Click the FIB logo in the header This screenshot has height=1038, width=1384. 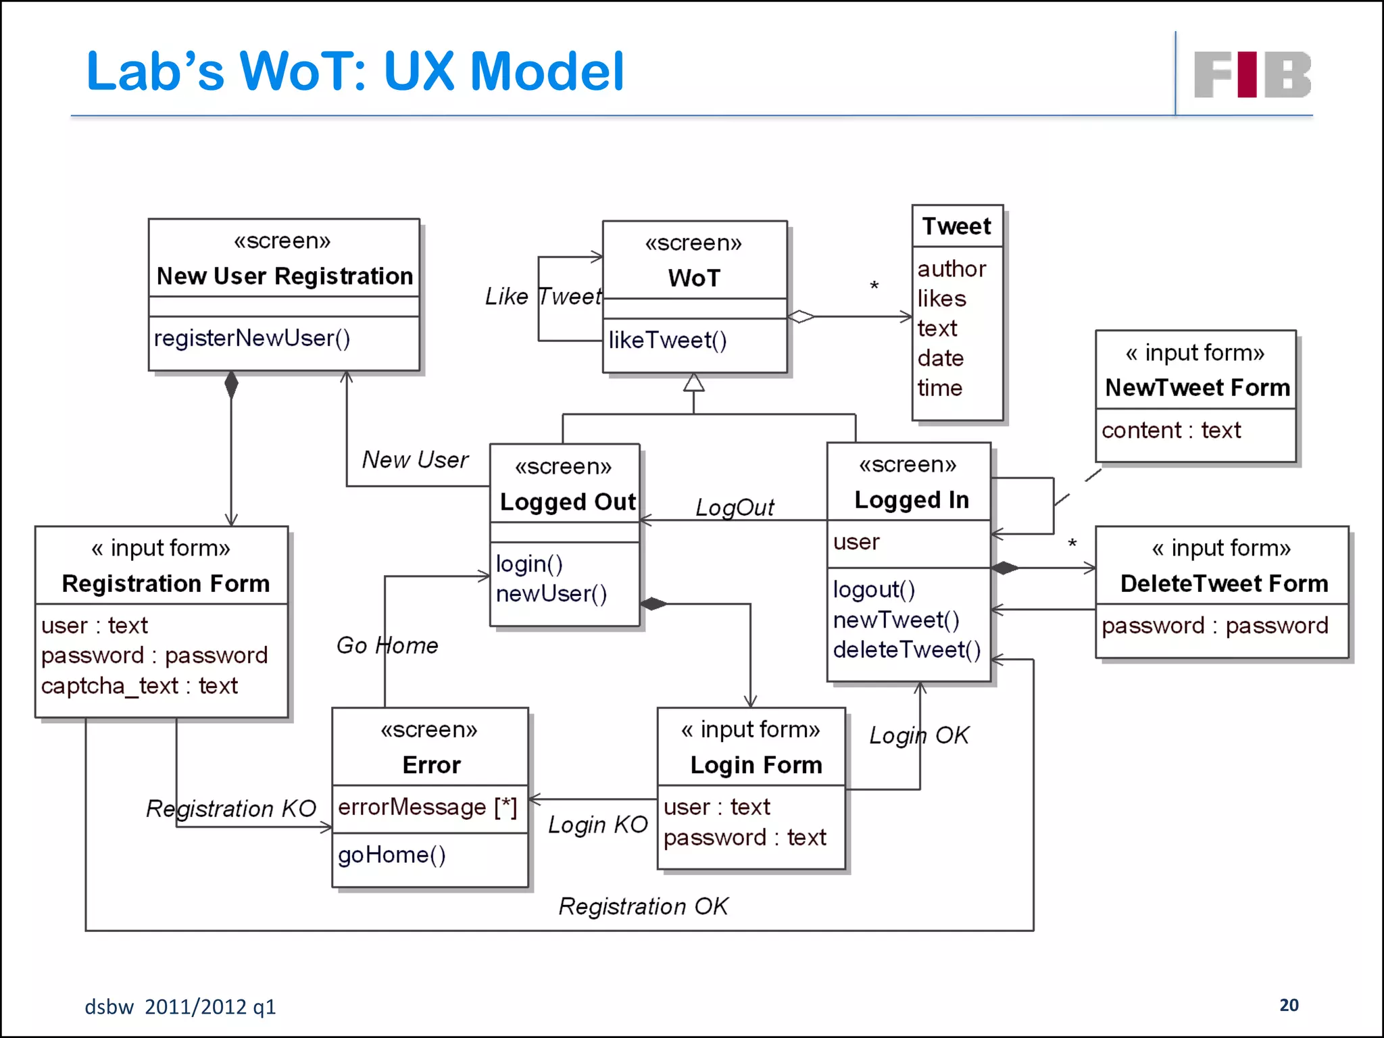click(1252, 74)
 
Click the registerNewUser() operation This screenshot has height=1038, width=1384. click(252, 338)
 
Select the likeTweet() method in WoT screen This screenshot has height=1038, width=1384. click(667, 340)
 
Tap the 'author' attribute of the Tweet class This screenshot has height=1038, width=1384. click(951, 269)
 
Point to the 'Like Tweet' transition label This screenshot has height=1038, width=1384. click(543, 296)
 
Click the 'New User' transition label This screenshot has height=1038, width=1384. click(415, 460)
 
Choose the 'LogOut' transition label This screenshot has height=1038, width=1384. click(735, 507)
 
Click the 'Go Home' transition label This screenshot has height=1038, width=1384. click(387, 645)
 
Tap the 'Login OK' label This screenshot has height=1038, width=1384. click(919, 735)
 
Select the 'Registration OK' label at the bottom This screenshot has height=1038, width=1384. click(643, 906)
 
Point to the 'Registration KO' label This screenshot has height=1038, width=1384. click(231, 808)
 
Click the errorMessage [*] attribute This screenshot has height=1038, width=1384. click(427, 807)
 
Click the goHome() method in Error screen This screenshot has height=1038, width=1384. click(392, 855)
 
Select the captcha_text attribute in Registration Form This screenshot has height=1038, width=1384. click(139, 686)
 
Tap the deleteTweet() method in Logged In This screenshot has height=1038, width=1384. click(906, 649)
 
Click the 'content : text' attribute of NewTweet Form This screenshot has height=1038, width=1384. click(1171, 430)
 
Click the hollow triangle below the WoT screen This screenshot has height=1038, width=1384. click(694, 383)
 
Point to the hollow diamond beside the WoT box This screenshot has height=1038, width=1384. click(801, 316)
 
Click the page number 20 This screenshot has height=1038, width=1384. click(1289, 1005)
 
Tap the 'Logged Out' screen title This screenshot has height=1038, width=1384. click(568, 502)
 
